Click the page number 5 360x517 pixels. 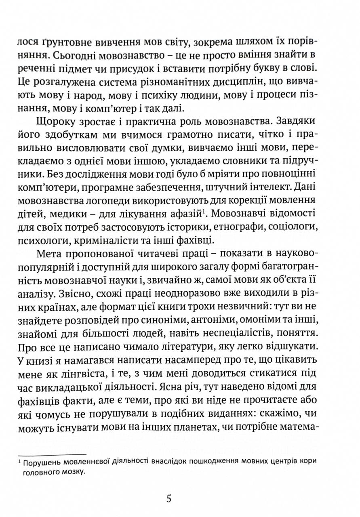(168, 498)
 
